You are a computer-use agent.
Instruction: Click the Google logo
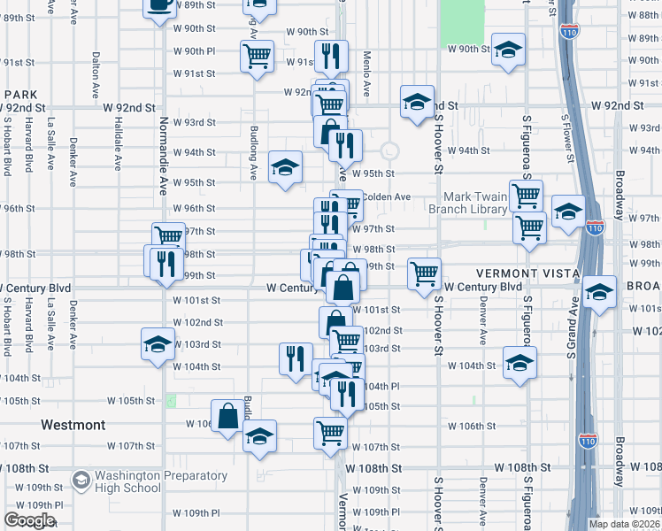click(29, 520)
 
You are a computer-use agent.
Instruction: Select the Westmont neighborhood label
click(73, 425)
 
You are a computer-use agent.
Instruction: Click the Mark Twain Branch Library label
click(468, 203)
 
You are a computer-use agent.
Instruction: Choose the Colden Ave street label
click(387, 196)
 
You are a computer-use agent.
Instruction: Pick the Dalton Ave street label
click(96, 74)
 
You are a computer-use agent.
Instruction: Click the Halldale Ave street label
click(118, 145)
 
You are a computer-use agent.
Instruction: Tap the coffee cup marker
click(159, 4)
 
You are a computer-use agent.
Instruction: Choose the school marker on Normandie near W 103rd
click(158, 342)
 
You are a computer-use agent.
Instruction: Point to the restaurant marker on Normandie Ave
click(165, 263)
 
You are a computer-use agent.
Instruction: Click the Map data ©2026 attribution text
click(624, 524)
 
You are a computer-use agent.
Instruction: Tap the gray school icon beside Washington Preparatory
click(81, 481)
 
